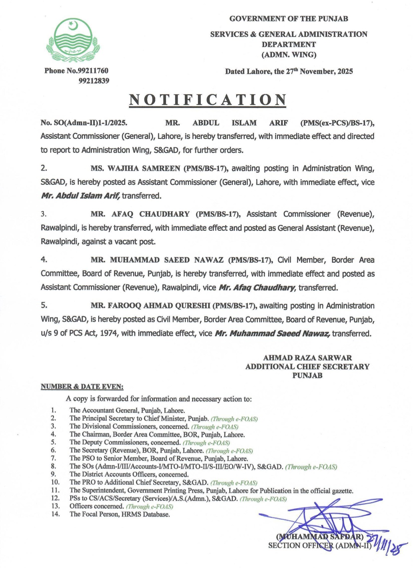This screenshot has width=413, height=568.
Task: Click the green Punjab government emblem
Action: coord(73,40)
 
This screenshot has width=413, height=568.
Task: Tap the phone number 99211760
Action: coord(93,71)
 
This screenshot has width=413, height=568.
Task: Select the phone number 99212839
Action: coord(94,81)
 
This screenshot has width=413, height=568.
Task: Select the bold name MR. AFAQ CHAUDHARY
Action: coord(140,214)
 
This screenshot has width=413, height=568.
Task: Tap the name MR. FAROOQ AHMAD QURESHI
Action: coord(150,306)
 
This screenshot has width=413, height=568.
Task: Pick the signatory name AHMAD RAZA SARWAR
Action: coord(307,358)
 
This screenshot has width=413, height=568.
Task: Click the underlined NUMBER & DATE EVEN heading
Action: coord(82,387)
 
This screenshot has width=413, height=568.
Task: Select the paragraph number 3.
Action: coord(44,214)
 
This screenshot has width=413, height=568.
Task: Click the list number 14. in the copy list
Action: coord(55,514)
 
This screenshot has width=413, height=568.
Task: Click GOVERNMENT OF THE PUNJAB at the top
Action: coord(289,19)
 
